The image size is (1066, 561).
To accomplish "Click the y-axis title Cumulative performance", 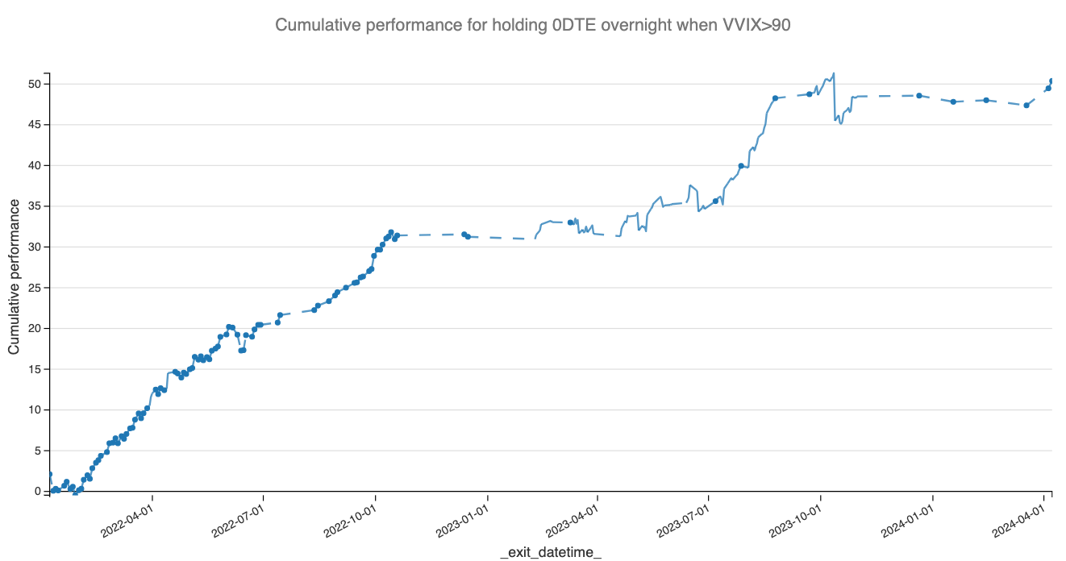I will (15, 276).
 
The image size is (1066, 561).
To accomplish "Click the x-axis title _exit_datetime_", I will (551, 552).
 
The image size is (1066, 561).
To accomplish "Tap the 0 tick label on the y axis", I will (36, 491).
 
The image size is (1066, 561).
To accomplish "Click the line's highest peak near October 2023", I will (833, 73).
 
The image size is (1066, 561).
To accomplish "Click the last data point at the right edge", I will (1051, 81).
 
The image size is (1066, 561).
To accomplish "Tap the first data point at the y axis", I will (49, 475).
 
